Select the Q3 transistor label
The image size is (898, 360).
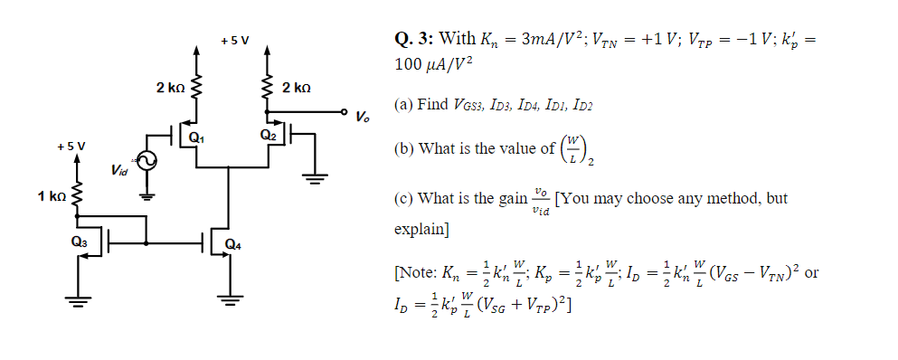[x=80, y=242]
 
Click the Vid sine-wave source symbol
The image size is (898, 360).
[x=146, y=161]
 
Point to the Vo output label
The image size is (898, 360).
[x=362, y=117]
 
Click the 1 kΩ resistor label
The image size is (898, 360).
[x=52, y=195]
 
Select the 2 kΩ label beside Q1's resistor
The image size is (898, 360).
[x=170, y=88]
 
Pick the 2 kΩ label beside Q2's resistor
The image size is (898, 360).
[x=297, y=88]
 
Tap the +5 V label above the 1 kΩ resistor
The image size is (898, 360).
[x=71, y=146]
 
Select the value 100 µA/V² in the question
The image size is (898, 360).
[x=434, y=66]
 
